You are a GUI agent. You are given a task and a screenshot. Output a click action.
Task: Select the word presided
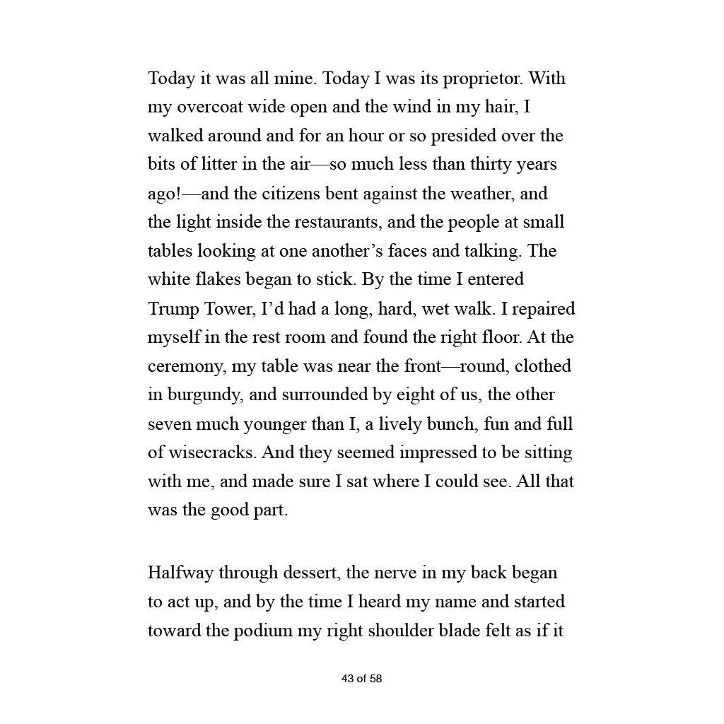coord(464,135)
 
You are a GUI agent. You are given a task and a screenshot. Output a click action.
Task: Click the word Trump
coord(173,309)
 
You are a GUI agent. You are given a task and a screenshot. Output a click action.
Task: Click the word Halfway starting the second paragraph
coord(180,573)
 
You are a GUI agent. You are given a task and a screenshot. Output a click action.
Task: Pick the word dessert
coord(314,573)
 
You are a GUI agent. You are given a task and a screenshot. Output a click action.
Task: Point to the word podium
coord(263,631)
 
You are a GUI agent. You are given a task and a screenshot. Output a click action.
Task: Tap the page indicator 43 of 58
coord(361,679)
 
